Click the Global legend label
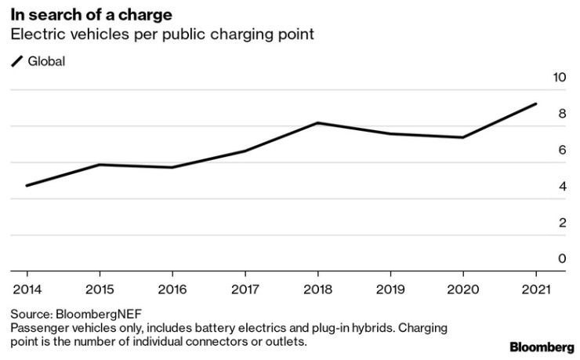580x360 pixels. click(x=47, y=61)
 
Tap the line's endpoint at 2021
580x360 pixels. click(x=536, y=104)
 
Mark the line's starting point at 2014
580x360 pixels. click(x=27, y=186)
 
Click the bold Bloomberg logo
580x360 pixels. click(x=540, y=346)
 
